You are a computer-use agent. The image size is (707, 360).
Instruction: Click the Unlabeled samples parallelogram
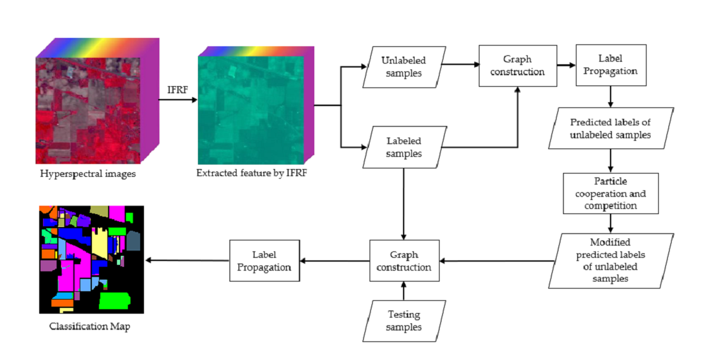coord(404,67)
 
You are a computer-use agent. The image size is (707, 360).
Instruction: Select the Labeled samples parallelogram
coord(404,147)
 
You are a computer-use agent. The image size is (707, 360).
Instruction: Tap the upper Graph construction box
coord(517,66)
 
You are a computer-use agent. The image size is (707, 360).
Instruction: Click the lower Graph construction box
coord(404,260)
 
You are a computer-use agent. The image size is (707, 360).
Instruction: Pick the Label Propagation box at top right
coord(611,66)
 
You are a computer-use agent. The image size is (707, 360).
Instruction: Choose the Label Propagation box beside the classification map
coord(265,260)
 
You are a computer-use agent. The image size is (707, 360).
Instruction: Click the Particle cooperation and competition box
coord(611,193)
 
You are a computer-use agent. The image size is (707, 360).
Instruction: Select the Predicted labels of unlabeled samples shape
coord(611,129)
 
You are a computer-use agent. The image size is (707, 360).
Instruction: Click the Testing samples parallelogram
coord(403,321)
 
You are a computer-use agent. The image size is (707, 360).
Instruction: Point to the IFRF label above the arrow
coord(177,89)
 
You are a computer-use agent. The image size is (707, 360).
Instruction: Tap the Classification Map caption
coord(89,327)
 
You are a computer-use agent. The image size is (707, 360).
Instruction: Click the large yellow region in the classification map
coord(102,243)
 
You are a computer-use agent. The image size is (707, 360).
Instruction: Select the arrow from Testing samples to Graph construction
coord(404,292)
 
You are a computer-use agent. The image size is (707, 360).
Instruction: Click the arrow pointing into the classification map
coord(186,260)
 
